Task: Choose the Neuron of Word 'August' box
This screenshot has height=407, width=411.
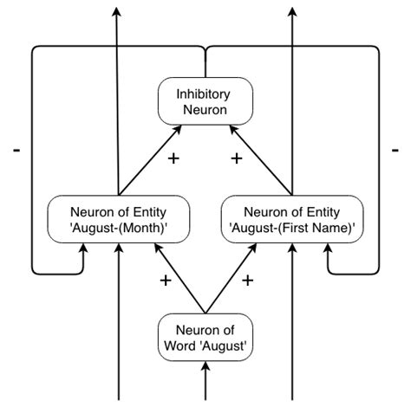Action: (205, 336)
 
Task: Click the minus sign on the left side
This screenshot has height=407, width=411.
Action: (16, 151)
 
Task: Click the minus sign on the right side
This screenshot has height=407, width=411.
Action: (395, 151)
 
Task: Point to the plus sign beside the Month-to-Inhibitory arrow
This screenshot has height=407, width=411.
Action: (173, 160)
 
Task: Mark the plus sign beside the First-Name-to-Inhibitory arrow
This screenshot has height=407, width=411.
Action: (235, 158)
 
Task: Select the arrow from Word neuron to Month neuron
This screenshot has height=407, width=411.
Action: (179, 278)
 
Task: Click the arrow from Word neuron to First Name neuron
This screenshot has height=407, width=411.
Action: (232, 278)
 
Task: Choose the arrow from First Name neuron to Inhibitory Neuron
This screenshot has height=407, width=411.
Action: (262, 159)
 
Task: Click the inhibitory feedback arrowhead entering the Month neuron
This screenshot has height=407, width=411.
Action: (83, 248)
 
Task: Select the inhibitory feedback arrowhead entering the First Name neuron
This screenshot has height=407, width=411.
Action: (328, 248)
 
